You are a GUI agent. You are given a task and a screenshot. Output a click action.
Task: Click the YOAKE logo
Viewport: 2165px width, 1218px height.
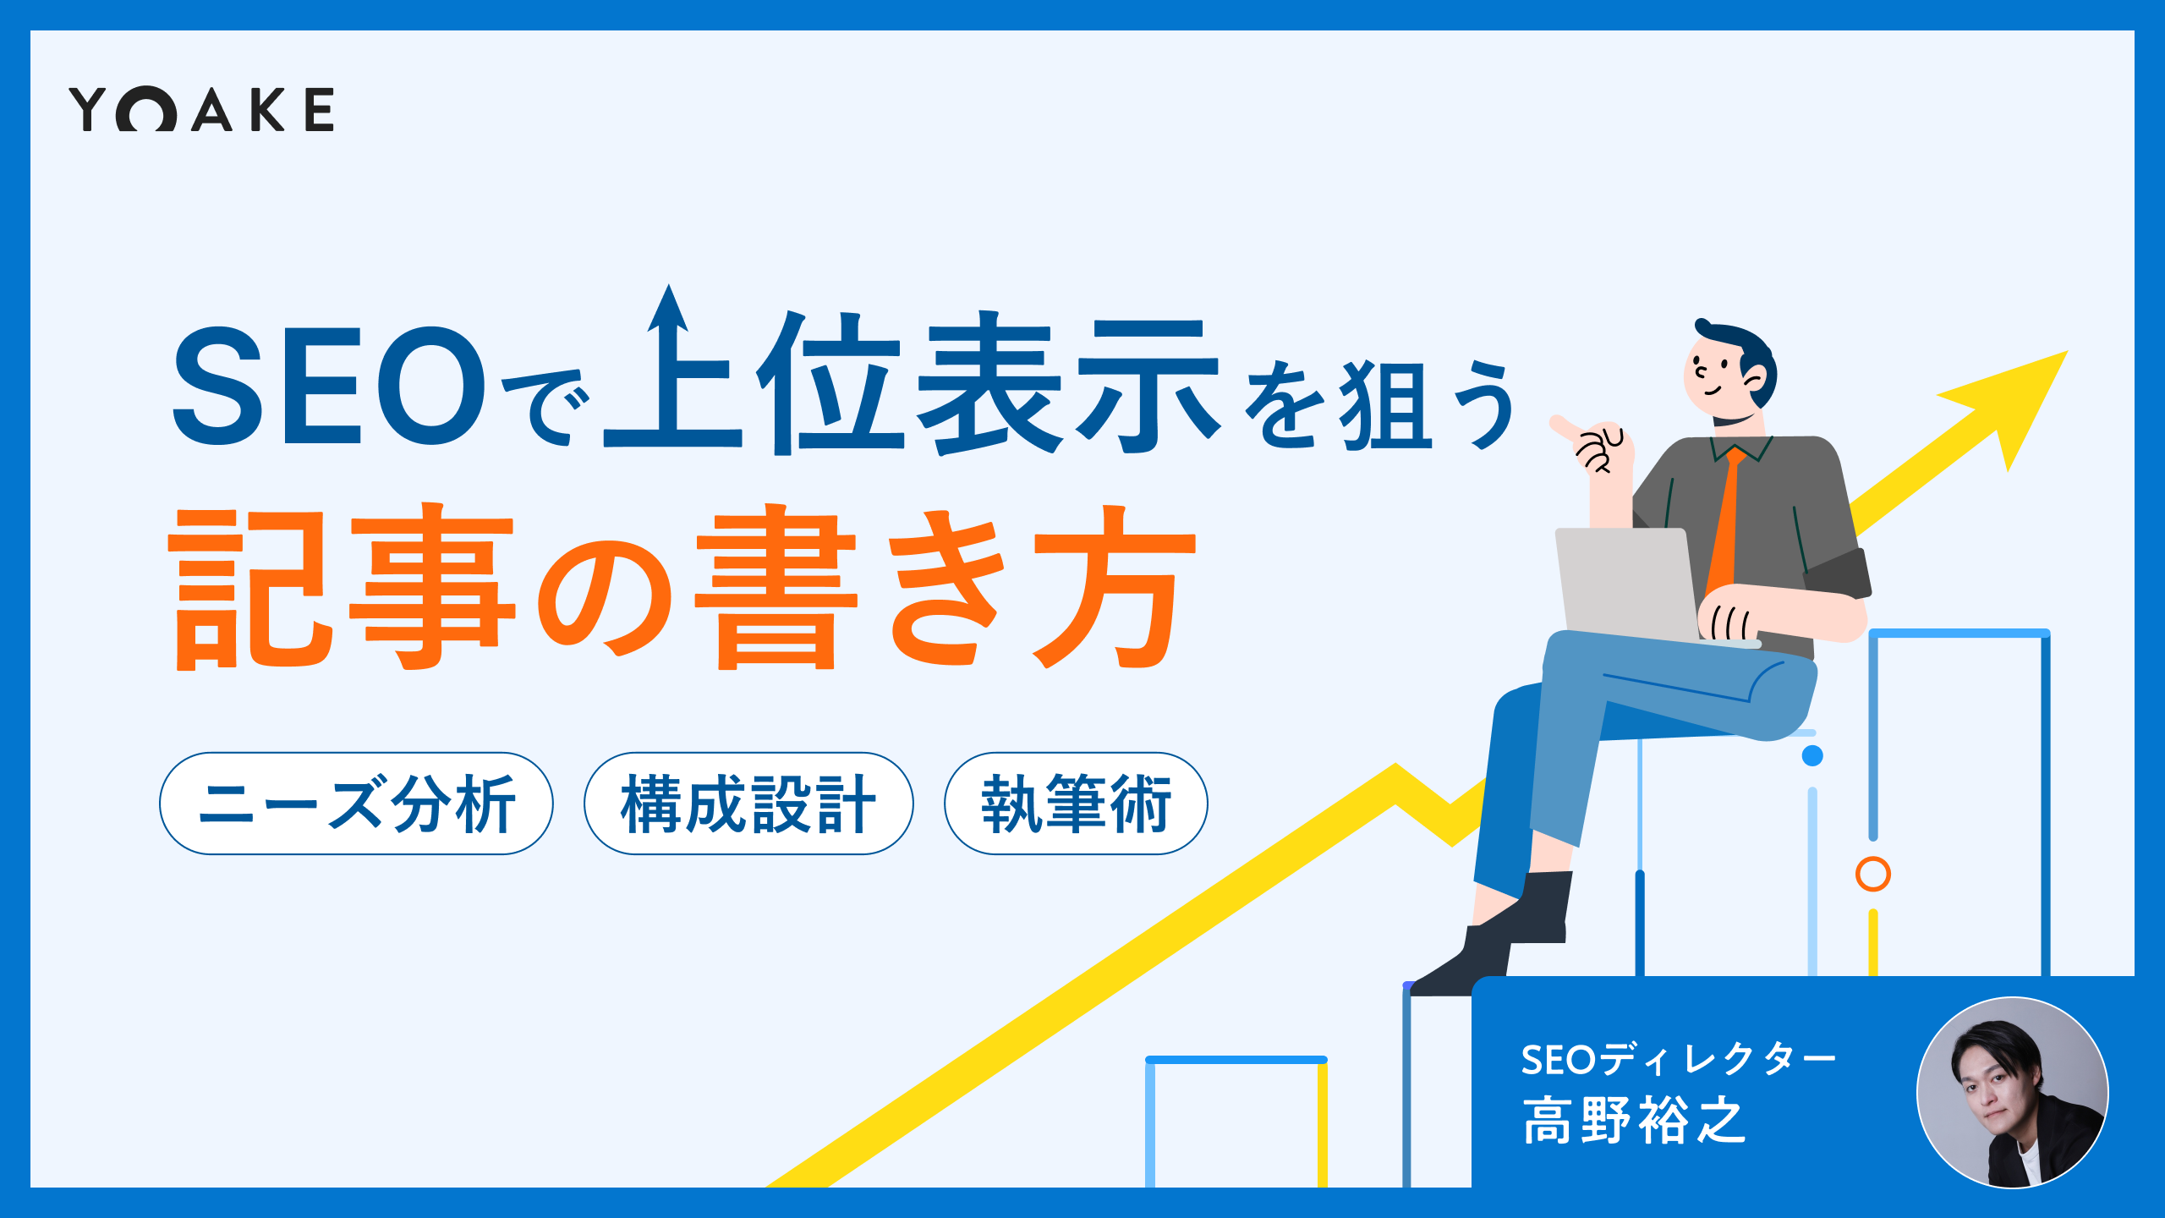(x=201, y=109)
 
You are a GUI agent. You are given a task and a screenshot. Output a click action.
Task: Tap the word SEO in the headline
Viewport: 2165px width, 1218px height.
(x=330, y=386)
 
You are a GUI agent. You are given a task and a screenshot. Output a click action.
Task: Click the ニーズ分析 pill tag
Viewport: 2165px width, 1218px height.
(x=356, y=804)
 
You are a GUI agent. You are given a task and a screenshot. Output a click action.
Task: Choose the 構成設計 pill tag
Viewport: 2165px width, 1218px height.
(x=748, y=804)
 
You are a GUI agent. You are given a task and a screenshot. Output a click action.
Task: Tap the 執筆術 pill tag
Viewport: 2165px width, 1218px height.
(x=1076, y=804)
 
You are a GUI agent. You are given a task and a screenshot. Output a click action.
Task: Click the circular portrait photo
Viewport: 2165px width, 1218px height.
(x=2012, y=1093)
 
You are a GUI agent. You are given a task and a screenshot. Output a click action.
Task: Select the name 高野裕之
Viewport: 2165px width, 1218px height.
(x=1633, y=1121)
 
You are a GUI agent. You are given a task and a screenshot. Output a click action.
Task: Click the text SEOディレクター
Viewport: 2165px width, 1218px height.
(x=1679, y=1059)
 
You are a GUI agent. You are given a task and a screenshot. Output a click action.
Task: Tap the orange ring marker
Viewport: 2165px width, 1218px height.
(x=1873, y=874)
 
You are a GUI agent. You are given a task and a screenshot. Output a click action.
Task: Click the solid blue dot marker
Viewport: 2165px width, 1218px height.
(x=1812, y=755)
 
